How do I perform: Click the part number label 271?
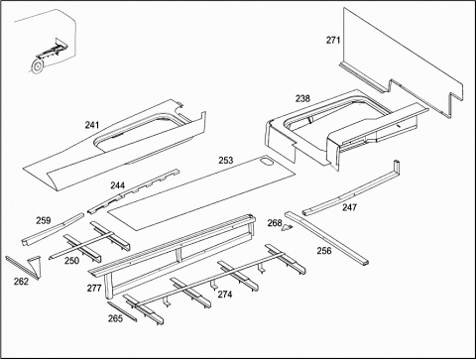click(x=333, y=40)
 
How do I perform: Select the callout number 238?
click(x=302, y=98)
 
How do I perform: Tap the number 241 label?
click(x=92, y=125)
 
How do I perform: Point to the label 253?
click(x=226, y=161)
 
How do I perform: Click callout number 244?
click(x=118, y=185)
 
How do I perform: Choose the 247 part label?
click(x=349, y=207)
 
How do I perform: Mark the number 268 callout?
click(x=275, y=223)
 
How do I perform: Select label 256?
click(x=324, y=251)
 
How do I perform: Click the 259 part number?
click(x=44, y=220)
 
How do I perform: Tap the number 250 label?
click(x=71, y=261)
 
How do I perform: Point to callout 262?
click(x=21, y=282)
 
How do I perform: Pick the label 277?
click(x=94, y=289)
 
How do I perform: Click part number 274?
click(x=225, y=295)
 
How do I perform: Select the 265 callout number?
click(x=115, y=318)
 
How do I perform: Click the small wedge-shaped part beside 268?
click(x=288, y=227)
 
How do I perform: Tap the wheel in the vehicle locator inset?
click(x=36, y=66)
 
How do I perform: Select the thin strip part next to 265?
click(x=122, y=311)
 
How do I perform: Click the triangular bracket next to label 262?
click(x=35, y=267)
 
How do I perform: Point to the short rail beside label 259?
click(x=53, y=229)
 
